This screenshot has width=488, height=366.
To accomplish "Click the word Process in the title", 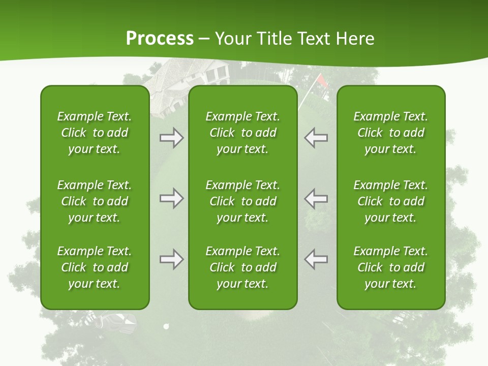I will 160,39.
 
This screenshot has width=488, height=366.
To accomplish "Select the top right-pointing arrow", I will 171,138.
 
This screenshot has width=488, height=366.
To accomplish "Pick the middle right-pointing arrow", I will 171,198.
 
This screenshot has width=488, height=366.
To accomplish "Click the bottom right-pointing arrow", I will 171,259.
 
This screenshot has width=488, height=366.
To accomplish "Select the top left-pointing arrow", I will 316,138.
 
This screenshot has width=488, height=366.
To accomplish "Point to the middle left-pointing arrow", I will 316,198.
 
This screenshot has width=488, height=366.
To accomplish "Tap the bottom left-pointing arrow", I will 316,259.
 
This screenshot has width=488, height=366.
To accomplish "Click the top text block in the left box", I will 95,133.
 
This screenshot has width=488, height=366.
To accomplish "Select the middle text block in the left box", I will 95,201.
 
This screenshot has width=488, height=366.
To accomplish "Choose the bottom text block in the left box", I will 95,267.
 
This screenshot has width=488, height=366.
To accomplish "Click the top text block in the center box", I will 243,133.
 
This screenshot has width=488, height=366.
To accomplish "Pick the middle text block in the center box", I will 243,201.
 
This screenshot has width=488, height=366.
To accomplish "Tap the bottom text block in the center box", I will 243,267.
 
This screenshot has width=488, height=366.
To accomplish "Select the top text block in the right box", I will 391,133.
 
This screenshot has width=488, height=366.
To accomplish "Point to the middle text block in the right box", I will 391,201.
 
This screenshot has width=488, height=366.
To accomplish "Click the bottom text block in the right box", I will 391,267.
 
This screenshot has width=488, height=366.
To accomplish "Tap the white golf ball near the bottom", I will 166,326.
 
